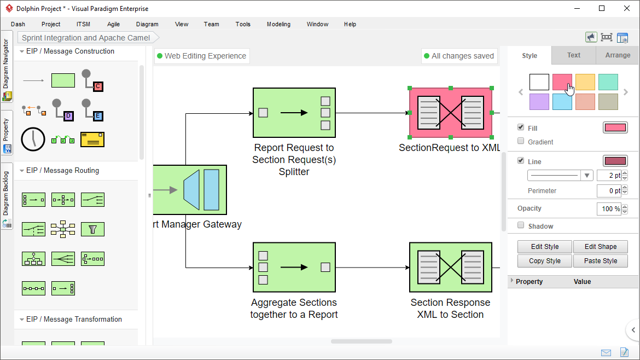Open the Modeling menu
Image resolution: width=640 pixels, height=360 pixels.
click(278, 24)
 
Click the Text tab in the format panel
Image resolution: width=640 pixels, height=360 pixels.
click(574, 55)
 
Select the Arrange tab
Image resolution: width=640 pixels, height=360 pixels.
click(618, 55)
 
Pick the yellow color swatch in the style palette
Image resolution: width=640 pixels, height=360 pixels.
click(585, 82)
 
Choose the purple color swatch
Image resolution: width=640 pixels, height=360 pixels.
click(539, 102)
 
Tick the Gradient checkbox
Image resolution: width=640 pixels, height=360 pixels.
click(521, 141)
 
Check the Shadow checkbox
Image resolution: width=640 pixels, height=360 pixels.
click(521, 225)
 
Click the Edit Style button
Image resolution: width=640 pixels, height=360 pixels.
click(544, 247)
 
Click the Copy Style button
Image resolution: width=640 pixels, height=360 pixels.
click(544, 261)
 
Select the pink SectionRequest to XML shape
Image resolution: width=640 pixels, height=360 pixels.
click(450, 113)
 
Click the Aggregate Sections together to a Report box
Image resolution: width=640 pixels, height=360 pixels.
click(294, 268)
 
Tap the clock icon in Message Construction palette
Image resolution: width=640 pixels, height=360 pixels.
click(33, 140)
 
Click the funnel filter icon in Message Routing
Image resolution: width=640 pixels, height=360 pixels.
click(92, 229)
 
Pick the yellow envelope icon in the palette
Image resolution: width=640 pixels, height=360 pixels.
click(92, 140)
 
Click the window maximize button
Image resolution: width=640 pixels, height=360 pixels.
click(602, 8)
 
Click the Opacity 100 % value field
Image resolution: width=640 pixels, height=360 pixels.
click(608, 209)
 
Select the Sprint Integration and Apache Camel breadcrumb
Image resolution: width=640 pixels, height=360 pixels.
click(86, 38)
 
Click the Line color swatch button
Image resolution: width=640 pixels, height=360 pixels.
click(615, 161)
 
